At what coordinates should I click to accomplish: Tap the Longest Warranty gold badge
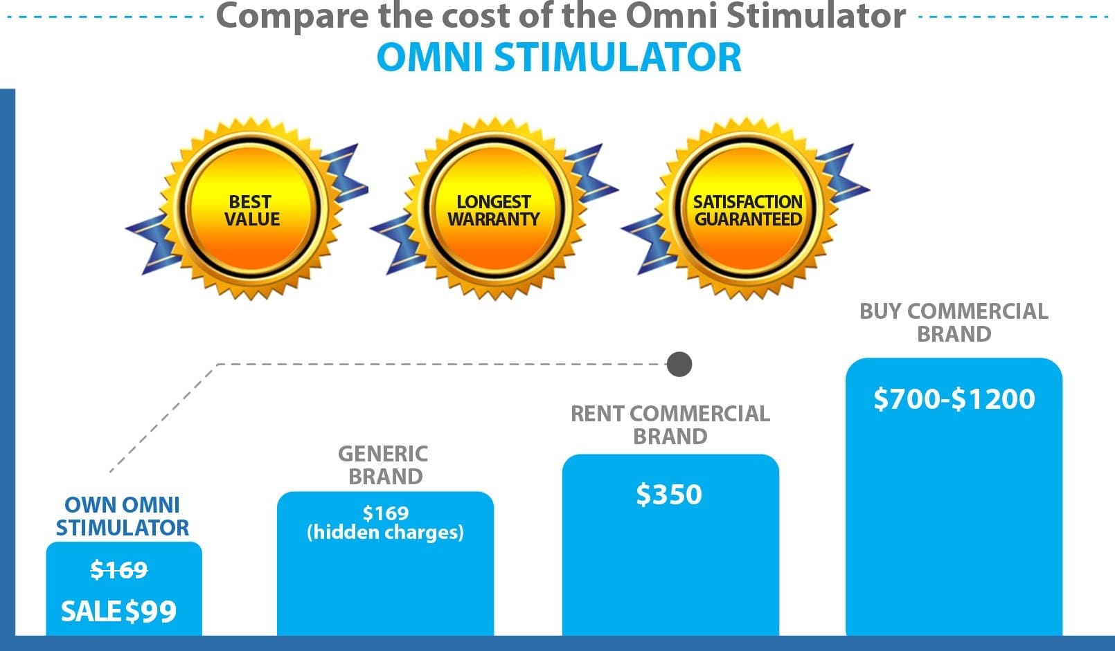(494, 209)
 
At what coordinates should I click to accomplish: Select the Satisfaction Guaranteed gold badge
(747, 209)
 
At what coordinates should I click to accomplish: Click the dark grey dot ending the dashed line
(679, 364)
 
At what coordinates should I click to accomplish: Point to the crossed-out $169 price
(119, 570)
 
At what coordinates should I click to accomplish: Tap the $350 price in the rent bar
(669, 495)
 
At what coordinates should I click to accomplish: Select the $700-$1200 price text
(954, 399)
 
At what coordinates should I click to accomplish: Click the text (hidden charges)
(386, 532)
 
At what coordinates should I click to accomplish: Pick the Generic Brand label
(384, 465)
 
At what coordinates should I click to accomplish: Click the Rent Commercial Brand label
(670, 425)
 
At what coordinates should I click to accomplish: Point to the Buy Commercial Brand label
(954, 322)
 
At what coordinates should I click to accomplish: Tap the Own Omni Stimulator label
(122, 516)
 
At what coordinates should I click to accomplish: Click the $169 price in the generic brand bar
(386, 513)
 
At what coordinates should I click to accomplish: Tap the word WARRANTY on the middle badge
(494, 219)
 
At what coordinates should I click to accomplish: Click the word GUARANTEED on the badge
(748, 219)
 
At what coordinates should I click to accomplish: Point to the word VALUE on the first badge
(252, 219)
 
